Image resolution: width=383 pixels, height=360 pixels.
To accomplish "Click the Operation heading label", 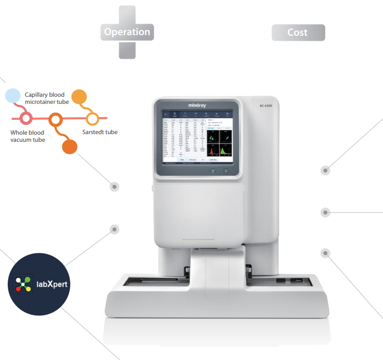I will pos(127,32).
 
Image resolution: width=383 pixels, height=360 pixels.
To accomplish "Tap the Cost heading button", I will pos(298,32).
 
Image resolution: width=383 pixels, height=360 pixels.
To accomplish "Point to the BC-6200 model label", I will pos(267,106).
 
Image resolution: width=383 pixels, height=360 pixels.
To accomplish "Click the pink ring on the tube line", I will pos(25,118).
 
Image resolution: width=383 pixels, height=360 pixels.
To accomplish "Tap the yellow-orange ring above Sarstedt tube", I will pos(92,118).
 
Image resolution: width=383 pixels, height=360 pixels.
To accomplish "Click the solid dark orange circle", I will pos(69,147).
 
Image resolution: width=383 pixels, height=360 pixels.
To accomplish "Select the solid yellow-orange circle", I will pos(80,97).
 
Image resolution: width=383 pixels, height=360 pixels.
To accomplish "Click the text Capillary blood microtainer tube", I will pos(47,98).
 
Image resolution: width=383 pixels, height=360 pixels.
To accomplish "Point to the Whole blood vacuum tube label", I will pos(27,136).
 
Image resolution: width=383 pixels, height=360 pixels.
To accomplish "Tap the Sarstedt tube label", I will pos(99,132).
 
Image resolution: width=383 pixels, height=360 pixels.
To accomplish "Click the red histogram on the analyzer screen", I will pos(212,149).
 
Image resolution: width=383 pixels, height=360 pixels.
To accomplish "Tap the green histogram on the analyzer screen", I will pos(226,149).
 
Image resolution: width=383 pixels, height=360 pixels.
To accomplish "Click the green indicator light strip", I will pos(198,240).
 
